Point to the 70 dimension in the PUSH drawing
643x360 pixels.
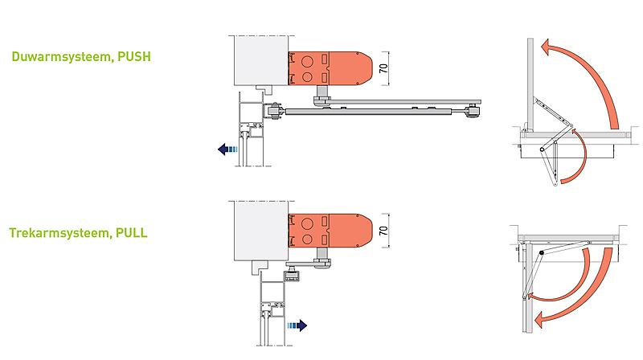[x=385, y=69]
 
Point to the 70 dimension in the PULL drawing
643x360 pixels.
[x=385, y=231]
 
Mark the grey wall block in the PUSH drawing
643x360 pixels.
[x=259, y=60]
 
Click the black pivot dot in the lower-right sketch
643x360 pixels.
[x=543, y=255]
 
